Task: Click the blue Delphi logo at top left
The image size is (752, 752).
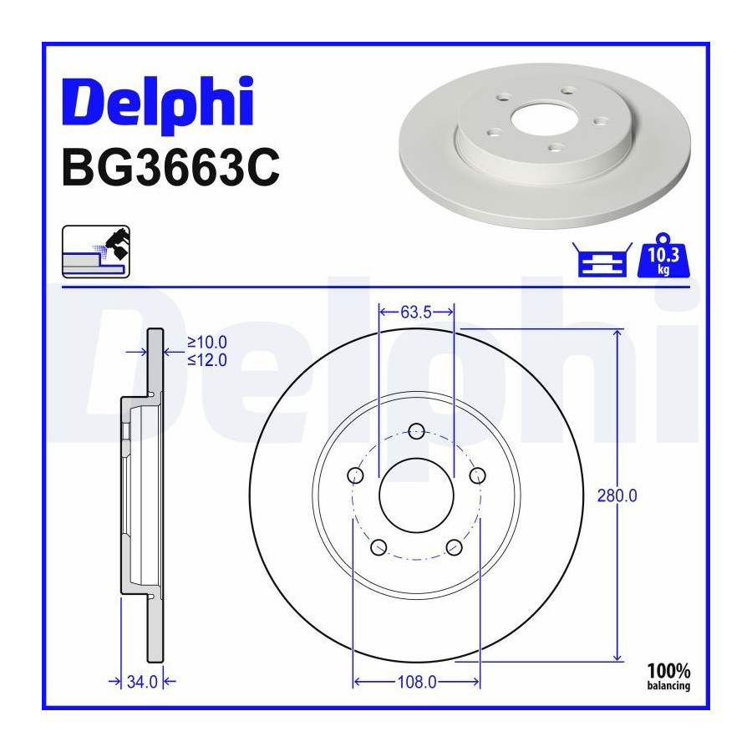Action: [x=157, y=103]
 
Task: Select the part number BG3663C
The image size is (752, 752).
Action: [x=170, y=167]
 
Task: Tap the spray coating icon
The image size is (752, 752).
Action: [x=96, y=252]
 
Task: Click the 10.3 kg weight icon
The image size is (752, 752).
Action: [x=663, y=256]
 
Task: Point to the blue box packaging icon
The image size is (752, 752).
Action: [x=602, y=260]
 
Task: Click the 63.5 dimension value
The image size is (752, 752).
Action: [x=416, y=312]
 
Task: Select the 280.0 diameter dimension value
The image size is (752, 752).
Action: [x=617, y=495]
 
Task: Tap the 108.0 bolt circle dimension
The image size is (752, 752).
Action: [x=417, y=682]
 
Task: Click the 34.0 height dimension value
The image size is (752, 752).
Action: [x=142, y=682]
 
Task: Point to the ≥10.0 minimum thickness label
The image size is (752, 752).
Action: [x=206, y=343]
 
